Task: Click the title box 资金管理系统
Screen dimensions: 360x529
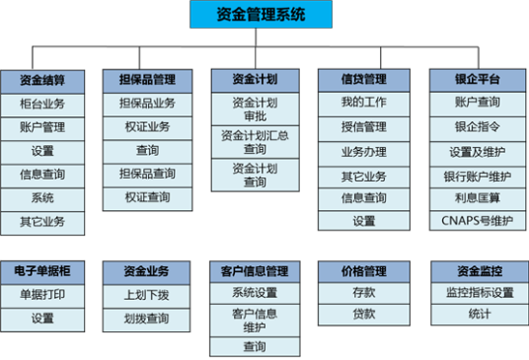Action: tap(261, 14)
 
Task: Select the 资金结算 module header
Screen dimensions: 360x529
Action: tap(42, 79)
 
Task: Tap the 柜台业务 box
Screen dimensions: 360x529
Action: tap(42, 103)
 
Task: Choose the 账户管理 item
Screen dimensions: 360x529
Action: tap(42, 126)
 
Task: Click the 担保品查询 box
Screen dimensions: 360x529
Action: tap(147, 174)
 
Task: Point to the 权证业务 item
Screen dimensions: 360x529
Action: tap(147, 126)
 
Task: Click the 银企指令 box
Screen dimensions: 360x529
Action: tap(477, 126)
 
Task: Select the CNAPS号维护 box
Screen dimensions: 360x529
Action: tap(477, 221)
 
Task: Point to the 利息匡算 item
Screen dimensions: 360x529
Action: tap(477, 197)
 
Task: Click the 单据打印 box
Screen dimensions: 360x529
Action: tap(42, 294)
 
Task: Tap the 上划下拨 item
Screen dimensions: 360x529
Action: tap(147, 294)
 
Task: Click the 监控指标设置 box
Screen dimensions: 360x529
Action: tap(477, 294)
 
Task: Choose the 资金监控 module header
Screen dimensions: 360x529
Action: tap(477, 270)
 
